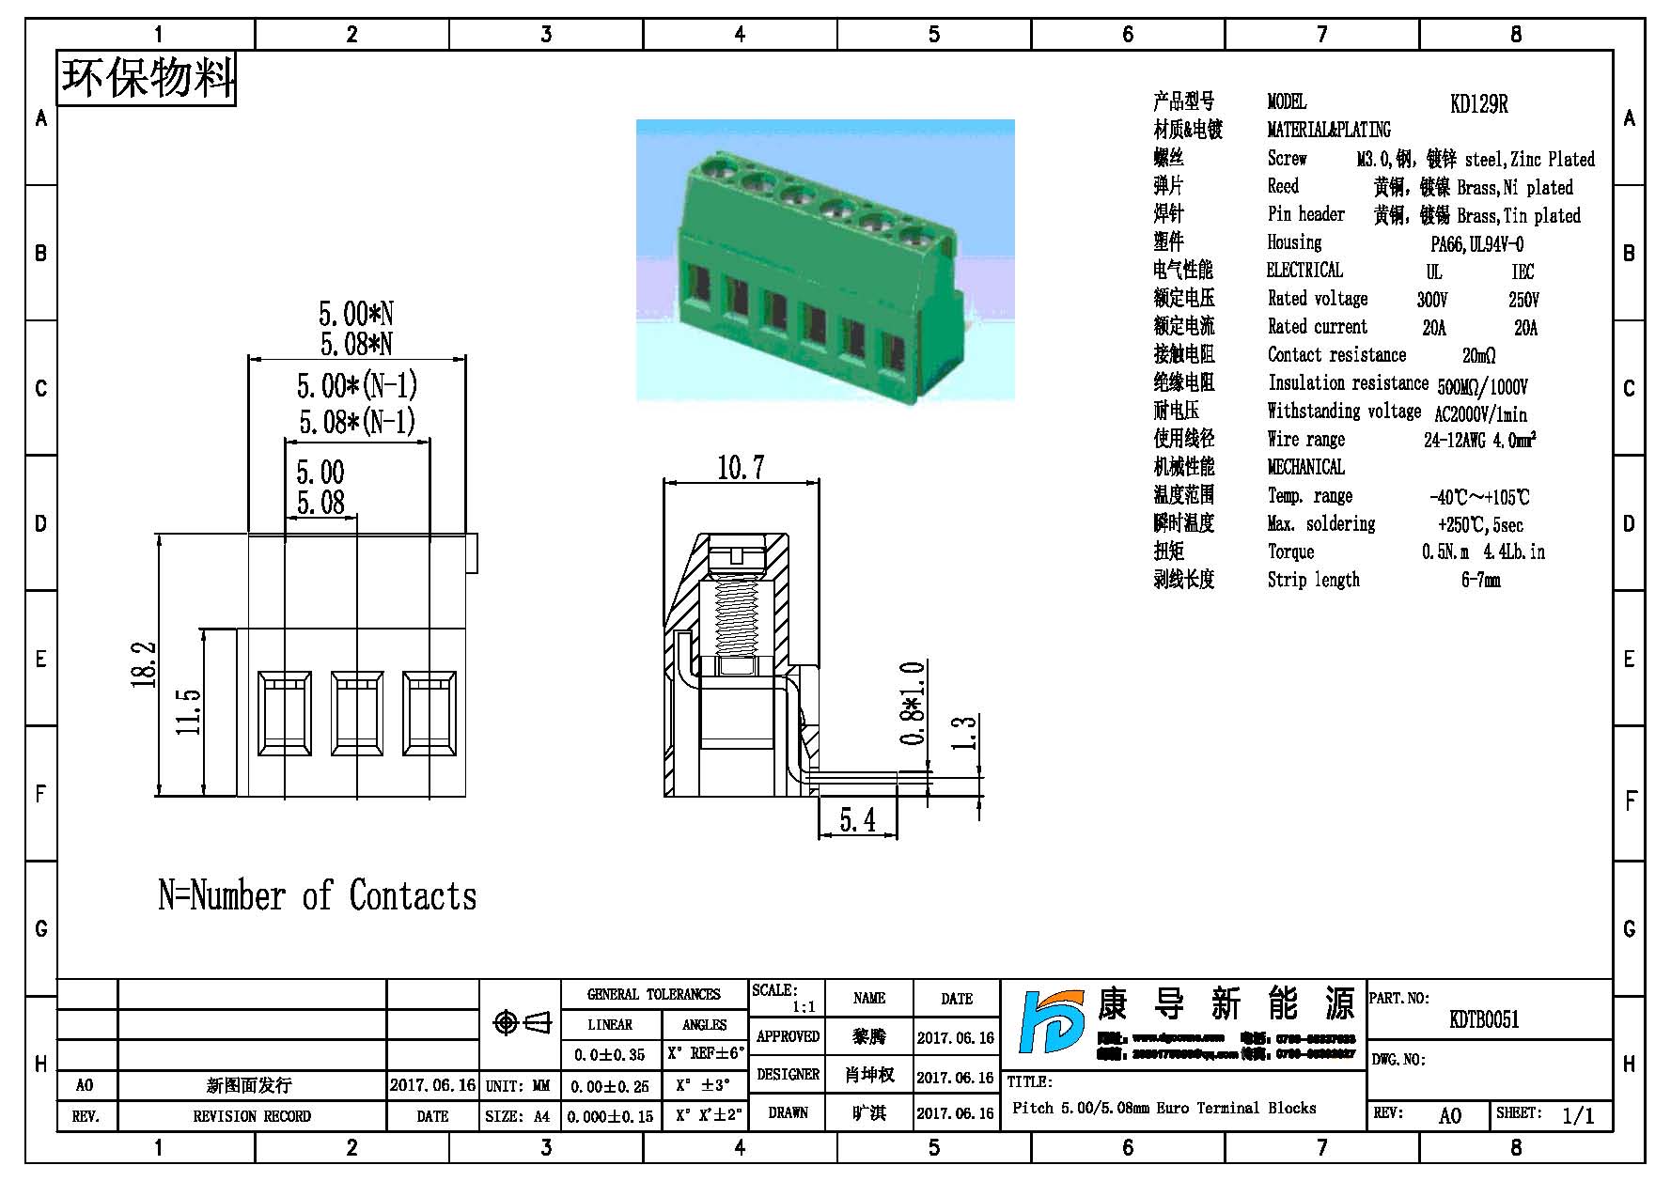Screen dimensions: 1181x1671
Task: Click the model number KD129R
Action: [1478, 104]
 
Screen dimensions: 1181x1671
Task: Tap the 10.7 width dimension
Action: [741, 467]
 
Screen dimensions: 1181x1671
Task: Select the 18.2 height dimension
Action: [144, 664]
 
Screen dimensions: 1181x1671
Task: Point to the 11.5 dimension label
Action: [188, 711]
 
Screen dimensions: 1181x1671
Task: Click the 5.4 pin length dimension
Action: [857, 821]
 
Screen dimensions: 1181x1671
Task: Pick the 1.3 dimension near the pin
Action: [965, 733]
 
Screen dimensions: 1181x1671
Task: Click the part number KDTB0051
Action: [1484, 1019]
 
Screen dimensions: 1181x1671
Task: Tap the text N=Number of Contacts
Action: [317, 895]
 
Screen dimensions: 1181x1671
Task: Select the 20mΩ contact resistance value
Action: [1478, 355]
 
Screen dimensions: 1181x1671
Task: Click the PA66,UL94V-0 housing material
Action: [1477, 244]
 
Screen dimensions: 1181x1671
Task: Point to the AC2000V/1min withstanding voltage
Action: [1480, 413]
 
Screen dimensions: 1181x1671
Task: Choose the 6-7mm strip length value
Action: [1480, 581]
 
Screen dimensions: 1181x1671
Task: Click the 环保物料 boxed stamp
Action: [147, 78]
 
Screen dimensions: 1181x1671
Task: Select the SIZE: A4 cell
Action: [518, 1116]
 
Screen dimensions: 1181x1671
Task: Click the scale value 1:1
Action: [804, 1007]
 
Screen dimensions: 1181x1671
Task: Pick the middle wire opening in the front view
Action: [357, 713]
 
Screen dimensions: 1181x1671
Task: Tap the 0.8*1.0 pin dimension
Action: [913, 703]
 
